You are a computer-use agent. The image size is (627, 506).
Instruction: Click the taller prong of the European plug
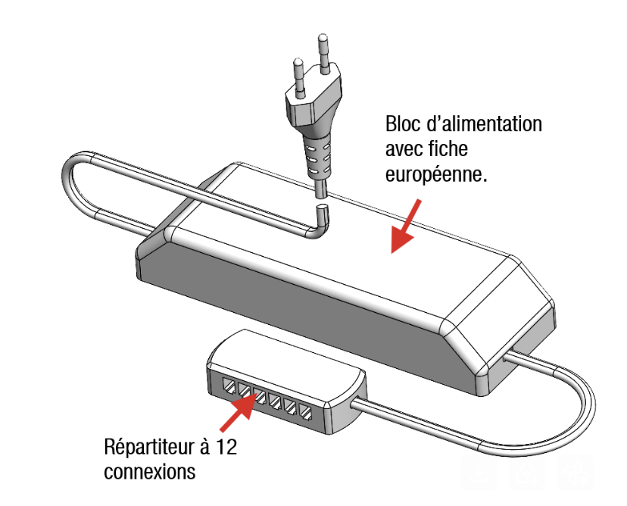323,54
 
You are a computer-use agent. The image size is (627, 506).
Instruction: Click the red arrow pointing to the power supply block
405,226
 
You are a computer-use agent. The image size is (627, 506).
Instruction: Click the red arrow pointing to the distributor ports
239,411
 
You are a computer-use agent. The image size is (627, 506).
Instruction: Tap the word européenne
436,175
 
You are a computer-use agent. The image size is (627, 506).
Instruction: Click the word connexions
149,472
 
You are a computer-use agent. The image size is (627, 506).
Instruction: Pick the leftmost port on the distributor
229,386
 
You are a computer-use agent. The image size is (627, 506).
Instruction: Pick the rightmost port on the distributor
305,414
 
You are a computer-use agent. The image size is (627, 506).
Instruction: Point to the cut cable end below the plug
322,212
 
